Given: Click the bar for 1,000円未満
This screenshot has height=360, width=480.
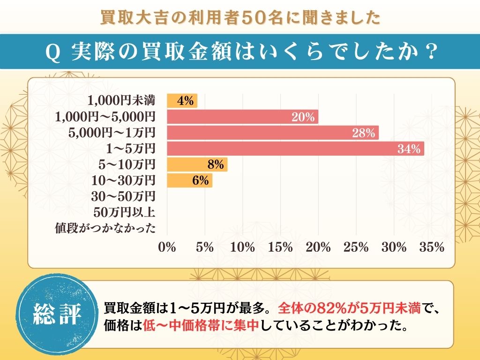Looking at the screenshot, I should click(x=182, y=101).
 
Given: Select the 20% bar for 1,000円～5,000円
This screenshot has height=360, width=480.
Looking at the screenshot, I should click(x=242, y=117).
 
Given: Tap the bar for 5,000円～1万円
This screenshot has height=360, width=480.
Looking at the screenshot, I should click(x=272, y=133).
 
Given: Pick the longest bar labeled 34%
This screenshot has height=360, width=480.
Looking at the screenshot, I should click(x=295, y=149).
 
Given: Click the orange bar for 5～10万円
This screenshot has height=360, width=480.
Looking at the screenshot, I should click(x=197, y=165).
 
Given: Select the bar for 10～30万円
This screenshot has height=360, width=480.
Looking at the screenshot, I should click(x=189, y=180).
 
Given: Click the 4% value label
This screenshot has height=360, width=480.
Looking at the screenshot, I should click(x=185, y=101).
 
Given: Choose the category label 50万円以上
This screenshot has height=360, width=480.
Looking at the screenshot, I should click(x=124, y=212).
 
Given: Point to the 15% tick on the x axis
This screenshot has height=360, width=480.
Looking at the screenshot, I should click(x=280, y=247).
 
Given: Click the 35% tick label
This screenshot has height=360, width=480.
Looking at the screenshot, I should click(x=432, y=247).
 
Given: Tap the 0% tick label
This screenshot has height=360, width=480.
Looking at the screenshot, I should click(x=167, y=247).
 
